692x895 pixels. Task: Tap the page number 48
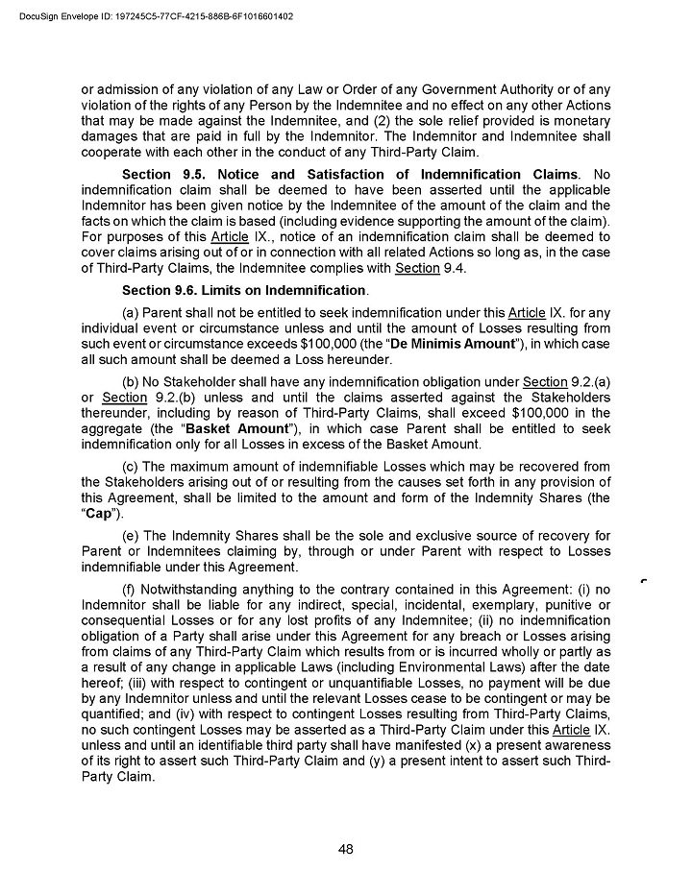(x=346, y=848)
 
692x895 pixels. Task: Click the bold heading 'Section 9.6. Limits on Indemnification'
(x=244, y=290)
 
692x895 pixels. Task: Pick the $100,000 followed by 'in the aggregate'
(x=542, y=412)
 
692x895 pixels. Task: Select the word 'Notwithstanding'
(x=193, y=588)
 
